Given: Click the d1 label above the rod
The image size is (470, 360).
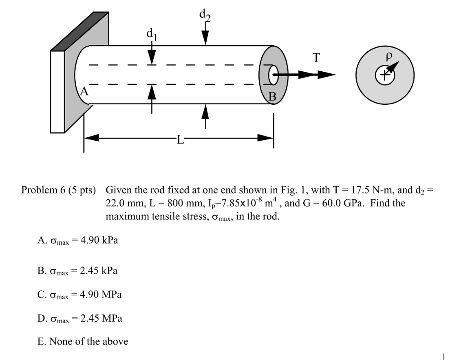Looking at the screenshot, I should coord(152,34).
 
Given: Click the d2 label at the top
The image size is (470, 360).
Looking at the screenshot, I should coord(205,15).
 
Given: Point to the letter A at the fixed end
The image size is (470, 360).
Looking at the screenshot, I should coord(84,91).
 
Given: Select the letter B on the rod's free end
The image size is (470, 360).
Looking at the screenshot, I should coord(272,97).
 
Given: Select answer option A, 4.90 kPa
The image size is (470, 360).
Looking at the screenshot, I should coord(78,240).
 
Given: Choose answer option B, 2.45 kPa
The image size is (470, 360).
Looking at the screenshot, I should coord(77,270).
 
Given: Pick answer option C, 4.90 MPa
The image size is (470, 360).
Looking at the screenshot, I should coord(79,294).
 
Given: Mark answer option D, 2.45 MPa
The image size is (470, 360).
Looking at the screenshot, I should coord(79,318).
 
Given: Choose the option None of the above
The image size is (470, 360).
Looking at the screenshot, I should coord(83,341).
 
